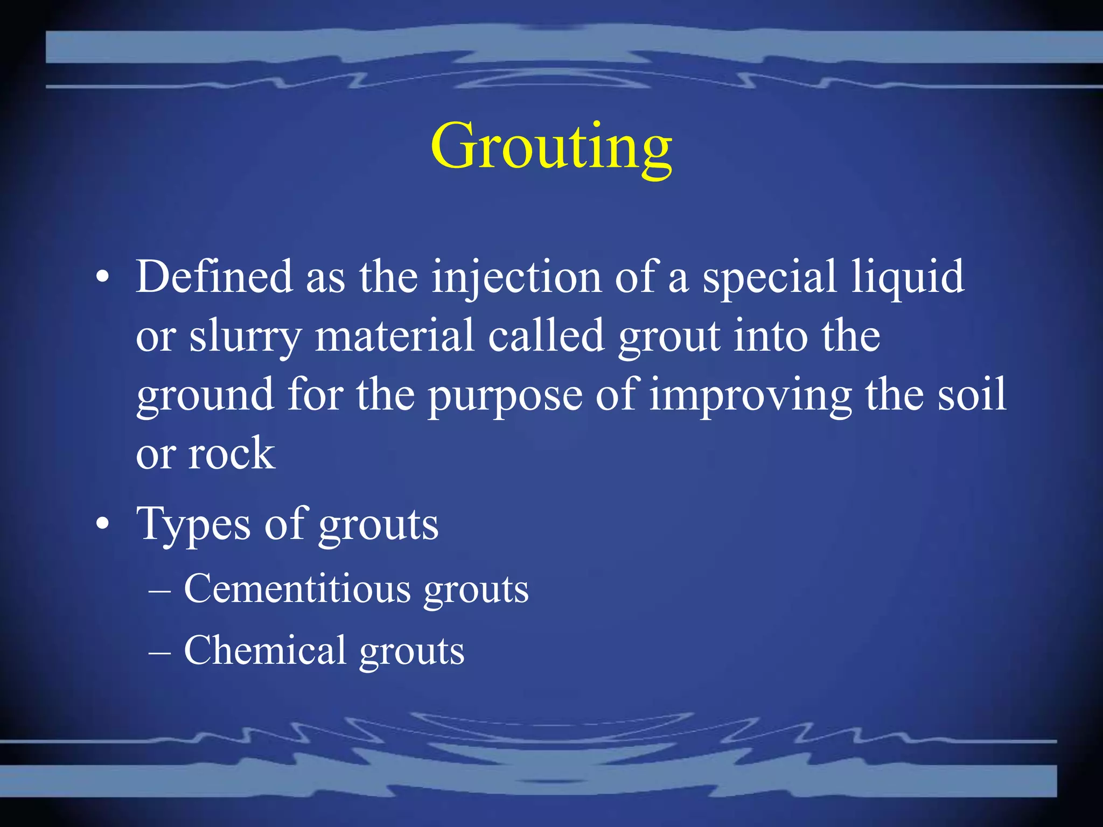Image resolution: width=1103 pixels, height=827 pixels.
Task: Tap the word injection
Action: [516, 278]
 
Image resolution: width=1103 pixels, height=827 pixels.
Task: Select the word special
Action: [769, 278]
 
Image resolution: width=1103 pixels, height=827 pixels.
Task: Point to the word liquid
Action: [907, 278]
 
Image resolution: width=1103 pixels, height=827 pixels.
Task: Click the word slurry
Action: [245, 337]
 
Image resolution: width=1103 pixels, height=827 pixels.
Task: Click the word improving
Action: [750, 396]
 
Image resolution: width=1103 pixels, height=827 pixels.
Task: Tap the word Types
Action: [193, 524]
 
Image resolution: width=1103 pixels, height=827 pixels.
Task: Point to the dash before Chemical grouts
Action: [160, 652]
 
